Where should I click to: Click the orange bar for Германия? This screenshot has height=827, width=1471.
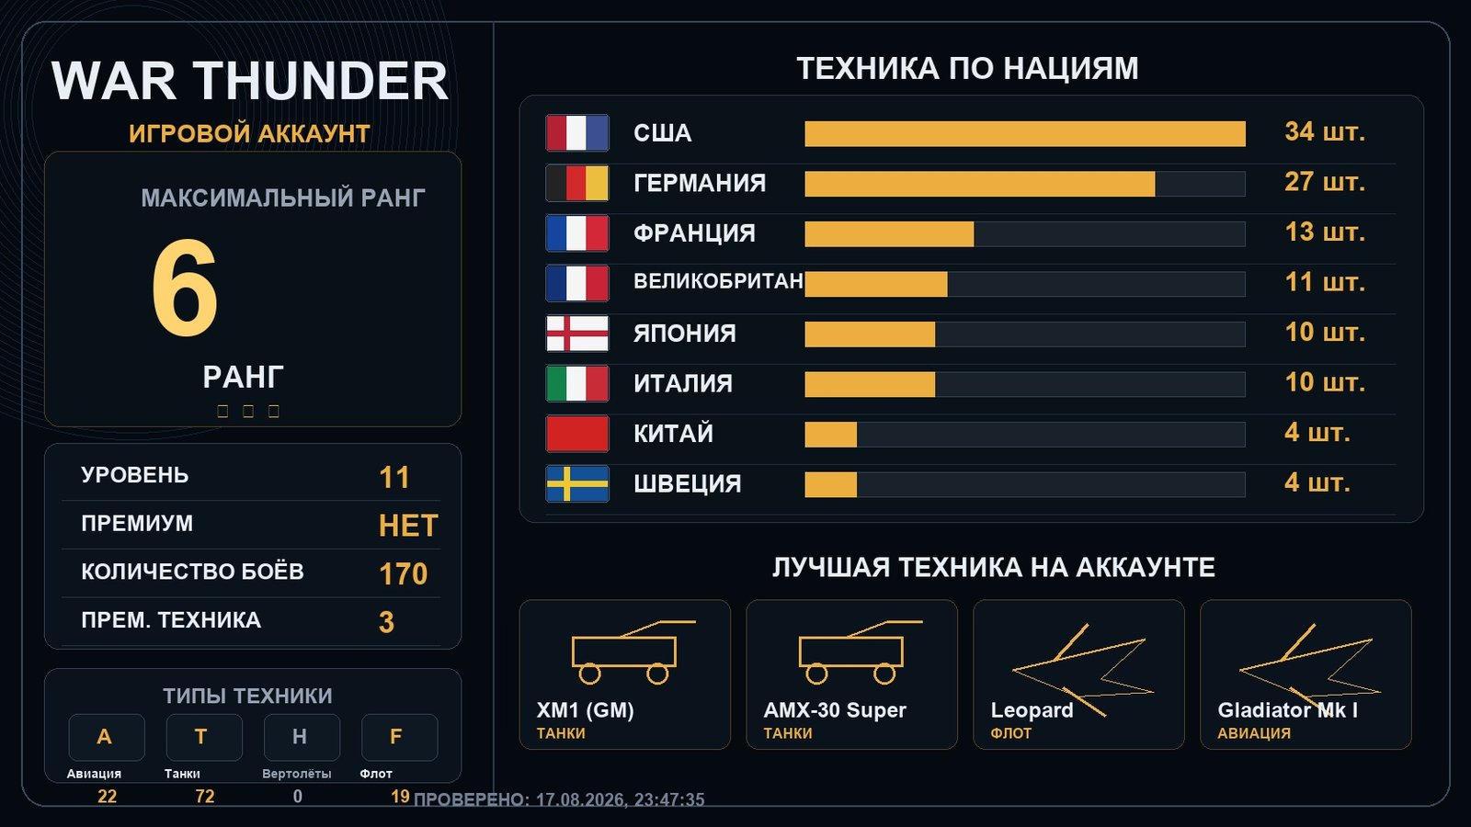[980, 184]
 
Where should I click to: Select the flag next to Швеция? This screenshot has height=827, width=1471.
[577, 483]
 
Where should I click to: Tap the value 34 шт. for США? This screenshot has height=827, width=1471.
[1325, 132]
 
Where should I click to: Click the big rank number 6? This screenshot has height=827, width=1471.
[185, 288]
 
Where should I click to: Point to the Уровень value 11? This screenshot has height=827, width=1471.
[394, 477]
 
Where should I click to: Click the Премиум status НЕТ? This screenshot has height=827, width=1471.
[408, 526]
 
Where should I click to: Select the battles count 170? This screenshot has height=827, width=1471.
[404, 573]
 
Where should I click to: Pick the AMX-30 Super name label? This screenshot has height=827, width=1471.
[835, 710]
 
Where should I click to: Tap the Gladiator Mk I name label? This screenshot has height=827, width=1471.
[1287, 710]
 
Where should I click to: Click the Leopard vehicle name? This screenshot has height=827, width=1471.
[1032, 710]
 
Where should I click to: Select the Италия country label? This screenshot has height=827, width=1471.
[683, 383]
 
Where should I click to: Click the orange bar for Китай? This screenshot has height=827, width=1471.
[831, 435]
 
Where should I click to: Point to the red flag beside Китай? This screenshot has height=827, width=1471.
[577, 434]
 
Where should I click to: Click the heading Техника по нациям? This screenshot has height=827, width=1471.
[967, 68]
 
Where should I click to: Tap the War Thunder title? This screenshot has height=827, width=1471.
[249, 81]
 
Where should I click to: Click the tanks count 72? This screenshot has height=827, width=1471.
[205, 796]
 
